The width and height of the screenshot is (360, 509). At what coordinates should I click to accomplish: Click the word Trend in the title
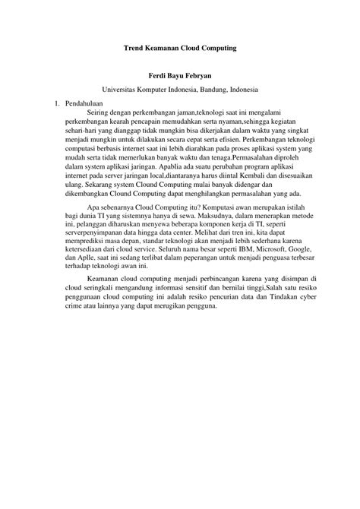(x=134, y=48)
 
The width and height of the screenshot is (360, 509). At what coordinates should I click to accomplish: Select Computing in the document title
(x=216, y=48)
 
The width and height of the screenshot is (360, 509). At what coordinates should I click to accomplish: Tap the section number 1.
(x=51, y=102)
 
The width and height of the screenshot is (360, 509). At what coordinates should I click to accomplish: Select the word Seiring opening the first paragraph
(x=102, y=111)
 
